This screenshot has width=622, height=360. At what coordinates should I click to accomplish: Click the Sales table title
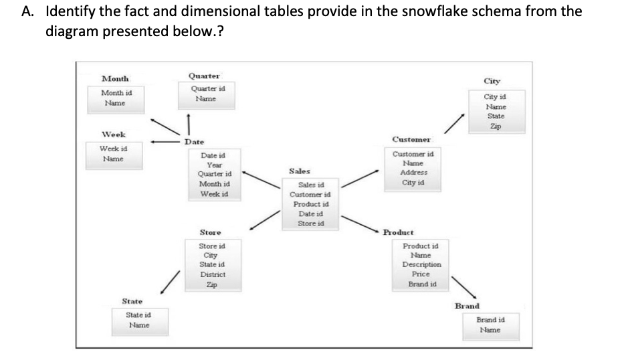[x=299, y=172]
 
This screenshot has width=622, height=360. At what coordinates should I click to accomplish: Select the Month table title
[x=115, y=79]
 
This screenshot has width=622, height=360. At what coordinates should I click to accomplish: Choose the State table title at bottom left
[x=131, y=301]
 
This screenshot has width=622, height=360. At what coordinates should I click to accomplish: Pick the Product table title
[x=399, y=232]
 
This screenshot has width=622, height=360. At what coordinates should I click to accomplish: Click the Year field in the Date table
[x=214, y=165]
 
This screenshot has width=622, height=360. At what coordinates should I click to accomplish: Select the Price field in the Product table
[x=420, y=274]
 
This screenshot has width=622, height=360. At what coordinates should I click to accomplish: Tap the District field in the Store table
[x=213, y=274]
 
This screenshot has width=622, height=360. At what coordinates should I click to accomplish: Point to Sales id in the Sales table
[x=310, y=185]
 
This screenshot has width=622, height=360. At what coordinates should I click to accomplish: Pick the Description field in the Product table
[x=421, y=265]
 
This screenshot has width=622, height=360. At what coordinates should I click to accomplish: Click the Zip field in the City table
[x=495, y=125]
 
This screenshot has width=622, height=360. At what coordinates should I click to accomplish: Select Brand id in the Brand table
[x=490, y=320]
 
